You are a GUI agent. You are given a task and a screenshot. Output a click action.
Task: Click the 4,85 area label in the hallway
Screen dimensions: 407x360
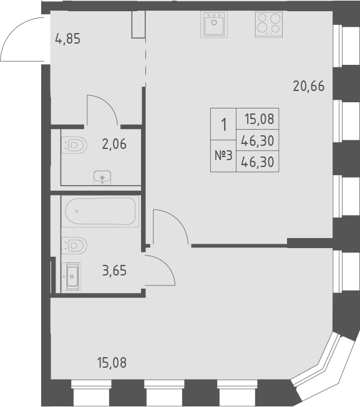pos(68,39)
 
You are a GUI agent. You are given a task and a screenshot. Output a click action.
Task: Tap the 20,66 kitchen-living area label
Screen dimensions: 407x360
pos(309,87)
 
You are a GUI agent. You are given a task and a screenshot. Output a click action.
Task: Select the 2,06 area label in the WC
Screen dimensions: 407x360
pos(114,145)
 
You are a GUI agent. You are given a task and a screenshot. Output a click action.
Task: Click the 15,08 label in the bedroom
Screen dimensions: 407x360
pos(112,362)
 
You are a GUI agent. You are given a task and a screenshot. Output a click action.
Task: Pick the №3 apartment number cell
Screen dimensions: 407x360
pos(223,156)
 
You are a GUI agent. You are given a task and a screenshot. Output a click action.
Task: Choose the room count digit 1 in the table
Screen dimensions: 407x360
pos(223,125)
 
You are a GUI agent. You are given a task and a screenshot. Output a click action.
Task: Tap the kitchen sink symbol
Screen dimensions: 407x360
pos(215,25)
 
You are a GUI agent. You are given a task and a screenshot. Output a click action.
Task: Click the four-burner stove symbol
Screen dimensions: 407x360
pos(268,24)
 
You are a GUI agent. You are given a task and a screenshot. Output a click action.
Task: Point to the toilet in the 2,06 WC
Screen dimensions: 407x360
pos(75,146)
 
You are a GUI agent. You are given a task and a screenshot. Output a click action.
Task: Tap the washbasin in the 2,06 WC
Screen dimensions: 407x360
pos(101,178)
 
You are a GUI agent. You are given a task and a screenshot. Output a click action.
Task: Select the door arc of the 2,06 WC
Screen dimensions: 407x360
pos(103,109)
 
